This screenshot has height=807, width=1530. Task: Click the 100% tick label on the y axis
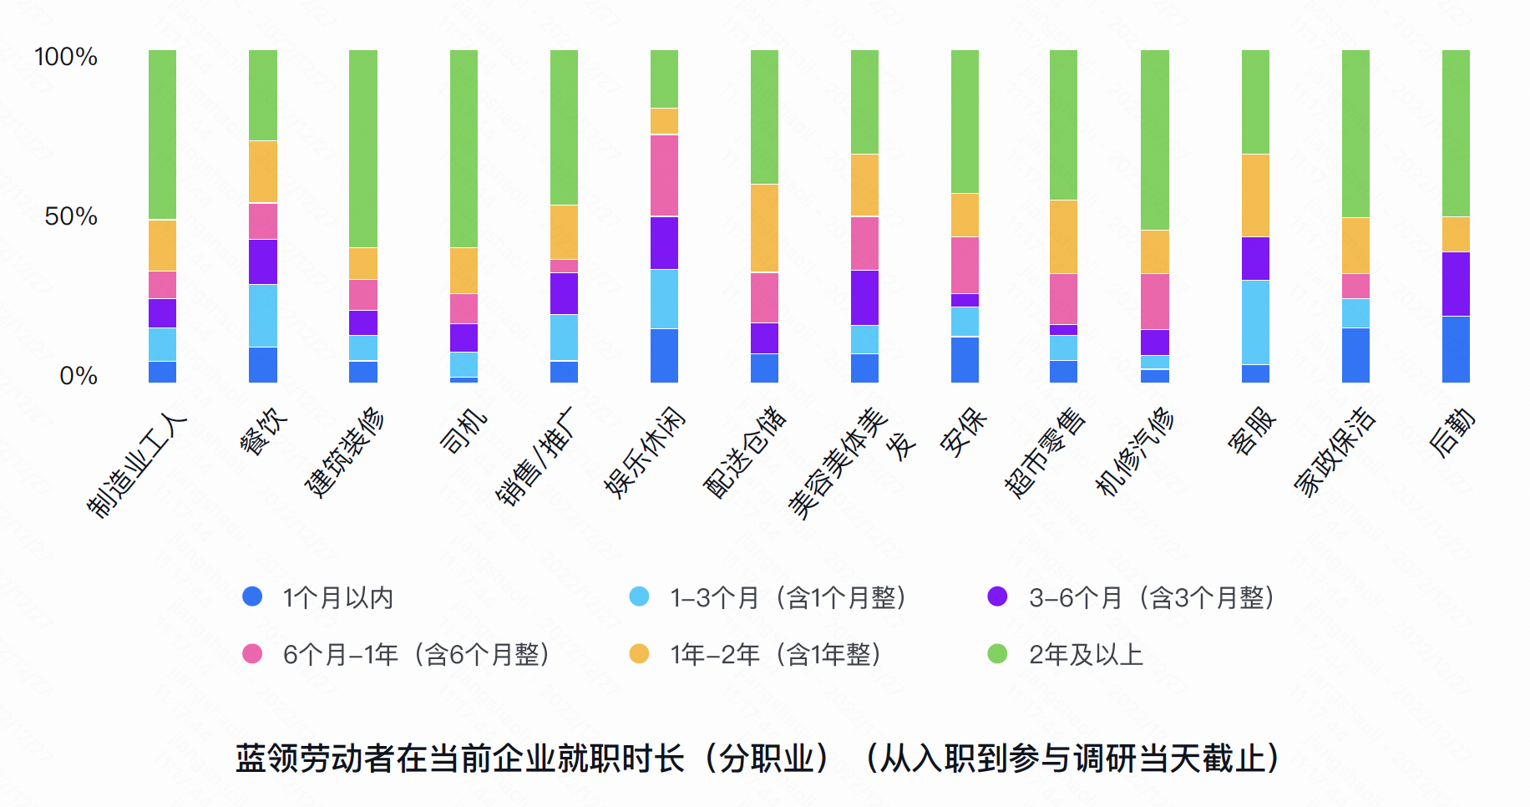(65, 57)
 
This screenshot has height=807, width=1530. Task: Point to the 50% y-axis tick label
(71, 216)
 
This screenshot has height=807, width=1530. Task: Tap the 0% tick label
(79, 376)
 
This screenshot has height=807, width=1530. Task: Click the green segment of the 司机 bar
(464, 149)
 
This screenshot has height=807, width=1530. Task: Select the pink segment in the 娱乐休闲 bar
(664, 175)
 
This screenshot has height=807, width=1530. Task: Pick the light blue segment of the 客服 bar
(1255, 322)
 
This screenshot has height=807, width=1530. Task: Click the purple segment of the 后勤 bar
(1456, 284)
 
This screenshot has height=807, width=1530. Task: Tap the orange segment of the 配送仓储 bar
(764, 228)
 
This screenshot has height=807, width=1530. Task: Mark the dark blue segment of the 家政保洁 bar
(1355, 355)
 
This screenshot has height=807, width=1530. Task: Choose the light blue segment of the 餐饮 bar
(263, 316)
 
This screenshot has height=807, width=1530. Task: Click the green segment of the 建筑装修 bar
(363, 149)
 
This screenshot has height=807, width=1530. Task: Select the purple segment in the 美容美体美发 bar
(864, 297)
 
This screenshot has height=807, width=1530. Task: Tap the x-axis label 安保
(963, 433)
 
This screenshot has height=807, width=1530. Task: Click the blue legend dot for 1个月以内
(252, 596)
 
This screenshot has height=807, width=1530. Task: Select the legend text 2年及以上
(1086, 654)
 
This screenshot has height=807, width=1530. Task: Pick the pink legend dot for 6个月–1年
(252, 653)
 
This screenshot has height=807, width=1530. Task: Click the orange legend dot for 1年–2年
(639, 653)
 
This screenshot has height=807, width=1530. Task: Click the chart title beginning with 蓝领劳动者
(757, 759)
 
